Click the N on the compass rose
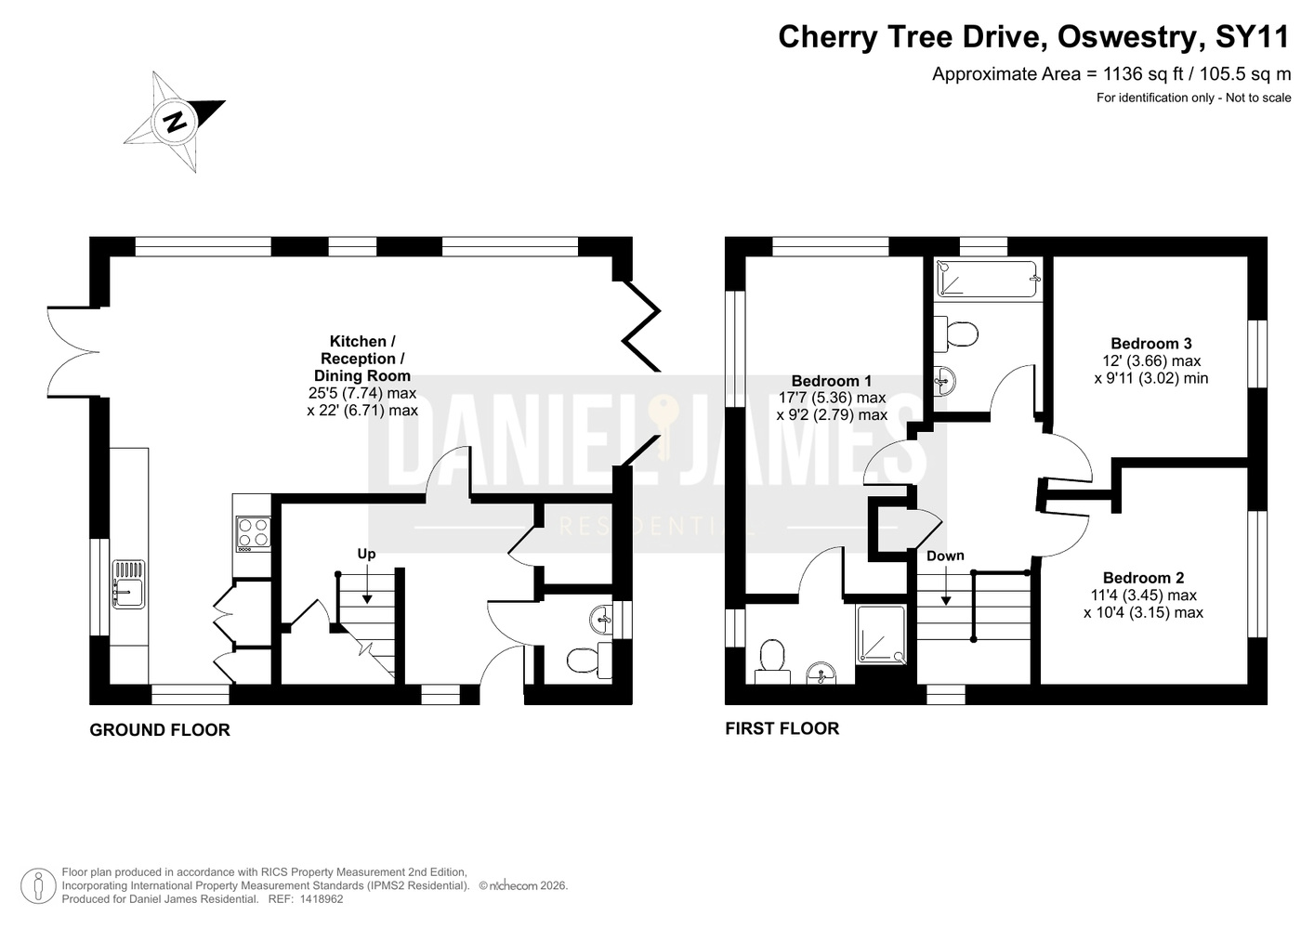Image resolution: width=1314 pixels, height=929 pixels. (x=175, y=123)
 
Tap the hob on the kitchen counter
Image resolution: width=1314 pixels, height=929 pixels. (x=254, y=533)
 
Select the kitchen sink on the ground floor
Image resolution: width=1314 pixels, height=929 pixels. (x=129, y=584)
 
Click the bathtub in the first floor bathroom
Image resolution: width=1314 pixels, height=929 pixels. (x=989, y=279)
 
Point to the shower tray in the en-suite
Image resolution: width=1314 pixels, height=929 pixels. (x=881, y=635)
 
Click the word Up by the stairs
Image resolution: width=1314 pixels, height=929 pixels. (x=367, y=555)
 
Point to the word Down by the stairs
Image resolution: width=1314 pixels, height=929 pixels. (x=945, y=556)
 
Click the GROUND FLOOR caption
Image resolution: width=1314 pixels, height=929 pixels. (x=160, y=729)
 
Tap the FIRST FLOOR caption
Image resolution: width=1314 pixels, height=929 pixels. (x=782, y=728)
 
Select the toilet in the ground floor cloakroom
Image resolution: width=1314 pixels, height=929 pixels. (x=589, y=660)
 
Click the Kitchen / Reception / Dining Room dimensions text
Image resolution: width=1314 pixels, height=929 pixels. (x=362, y=401)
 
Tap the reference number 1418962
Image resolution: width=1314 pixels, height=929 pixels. (x=321, y=899)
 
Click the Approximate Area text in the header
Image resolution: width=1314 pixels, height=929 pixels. (x=1111, y=74)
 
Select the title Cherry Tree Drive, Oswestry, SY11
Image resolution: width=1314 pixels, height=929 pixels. (x=1033, y=36)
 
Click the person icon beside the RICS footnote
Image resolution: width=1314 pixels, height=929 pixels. (x=39, y=885)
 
